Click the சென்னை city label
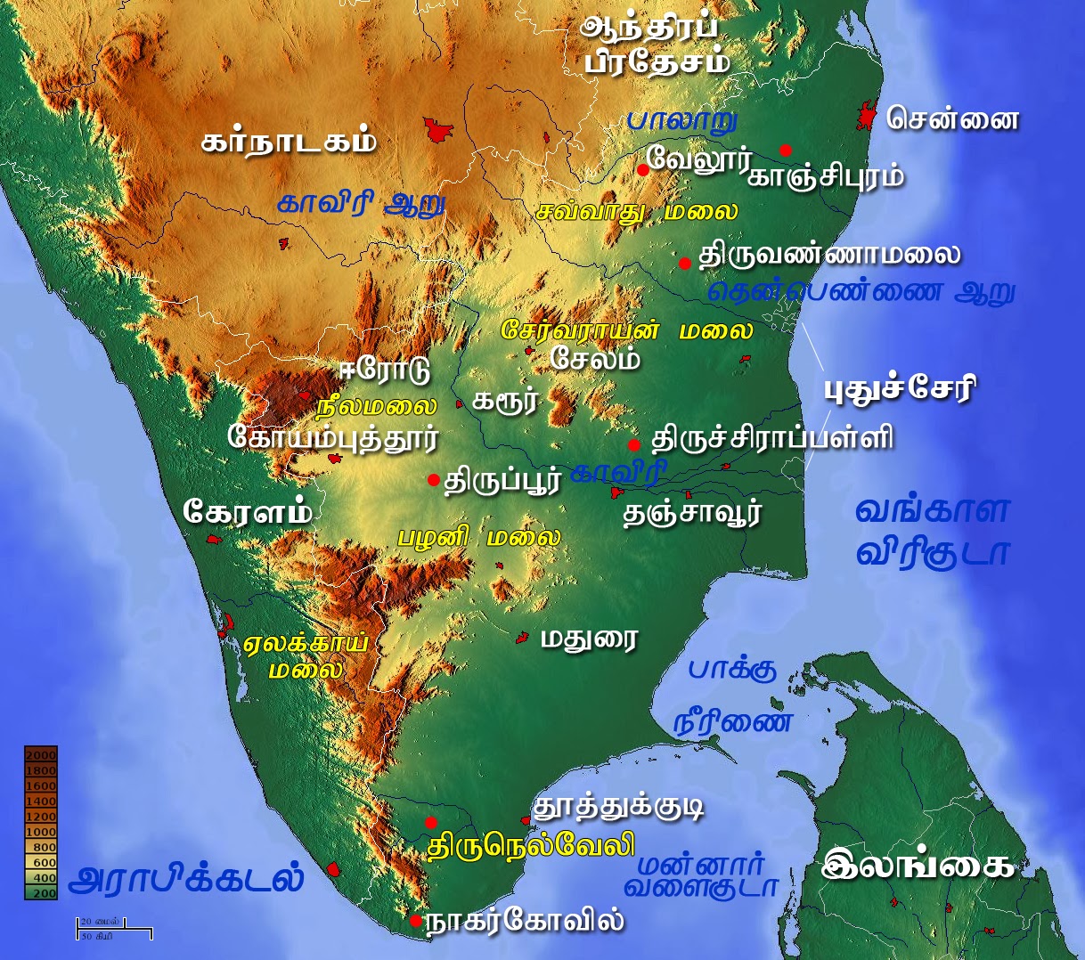(951, 119)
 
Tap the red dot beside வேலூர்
(643, 169)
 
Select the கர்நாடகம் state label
(289, 142)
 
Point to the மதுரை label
(590, 639)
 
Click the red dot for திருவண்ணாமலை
(684, 263)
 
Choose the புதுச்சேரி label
(899, 389)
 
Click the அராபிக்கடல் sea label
(186, 879)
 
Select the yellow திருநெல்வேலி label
(531, 845)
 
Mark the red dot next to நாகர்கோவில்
(416, 921)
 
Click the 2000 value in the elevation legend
(41, 755)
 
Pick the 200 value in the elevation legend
(43, 893)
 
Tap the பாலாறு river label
(682, 119)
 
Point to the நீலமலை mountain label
(377, 407)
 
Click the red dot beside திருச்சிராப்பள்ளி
(633, 444)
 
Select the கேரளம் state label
(249, 512)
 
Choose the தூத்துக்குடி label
(618, 807)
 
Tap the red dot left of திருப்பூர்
(433, 480)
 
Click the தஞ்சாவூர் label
(692, 514)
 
